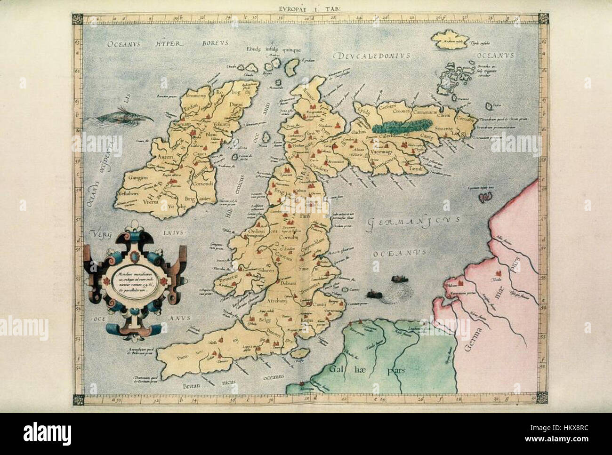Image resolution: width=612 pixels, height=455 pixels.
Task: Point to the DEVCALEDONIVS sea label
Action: click(372, 56)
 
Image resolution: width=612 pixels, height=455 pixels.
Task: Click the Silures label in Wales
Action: click(266, 270)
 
